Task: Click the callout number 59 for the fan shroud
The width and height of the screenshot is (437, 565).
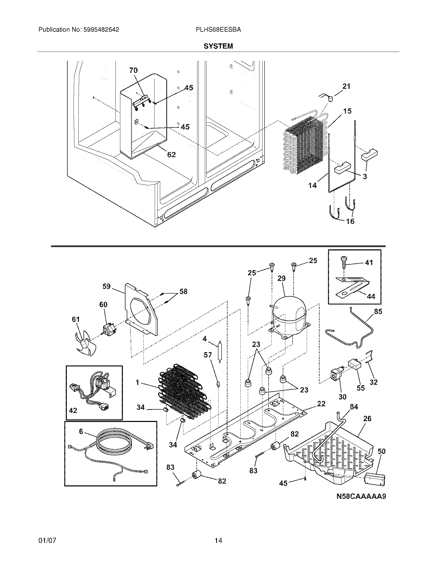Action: click(x=106, y=286)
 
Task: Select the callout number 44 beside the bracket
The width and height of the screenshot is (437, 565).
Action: click(x=371, y=296)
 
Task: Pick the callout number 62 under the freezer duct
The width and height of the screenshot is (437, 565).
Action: click(x=171, y=154)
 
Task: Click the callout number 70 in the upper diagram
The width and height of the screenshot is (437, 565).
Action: click(x=133, y=70)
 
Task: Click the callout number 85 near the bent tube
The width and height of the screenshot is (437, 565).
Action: click(x=378, y=312)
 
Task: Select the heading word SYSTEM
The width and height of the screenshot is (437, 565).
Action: click(x=218, y=46)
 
